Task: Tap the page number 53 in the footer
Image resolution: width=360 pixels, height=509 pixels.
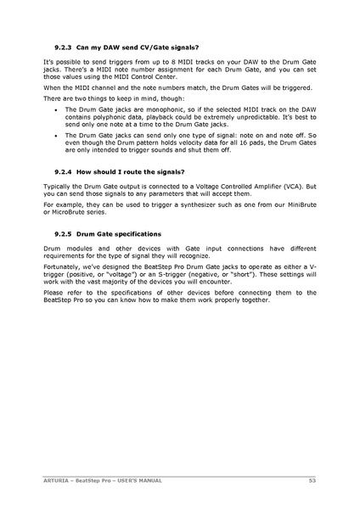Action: point(312,480)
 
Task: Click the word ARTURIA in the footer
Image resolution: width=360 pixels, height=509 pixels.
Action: point(58,480)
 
